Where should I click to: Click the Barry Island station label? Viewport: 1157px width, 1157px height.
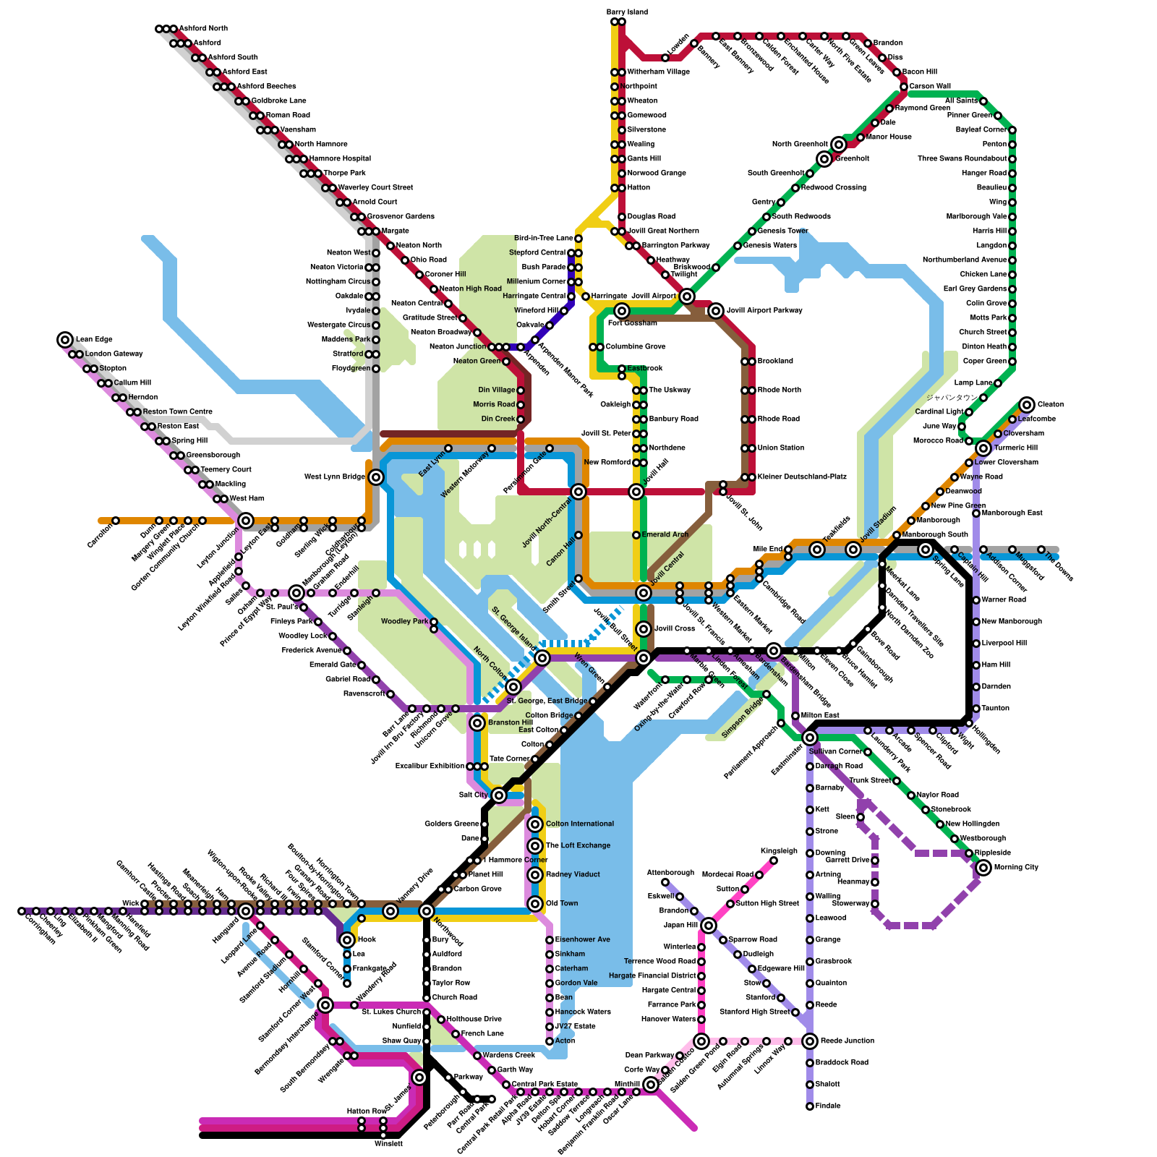click(627, 12)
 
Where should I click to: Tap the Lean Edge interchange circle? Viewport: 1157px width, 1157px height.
click(65, 339)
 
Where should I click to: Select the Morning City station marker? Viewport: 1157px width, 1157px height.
click(983, 867)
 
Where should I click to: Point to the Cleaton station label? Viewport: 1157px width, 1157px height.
click(1050, 404)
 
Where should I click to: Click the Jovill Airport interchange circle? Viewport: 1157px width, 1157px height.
click(687, 296)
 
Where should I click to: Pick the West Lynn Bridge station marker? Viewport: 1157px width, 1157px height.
click(376, 477)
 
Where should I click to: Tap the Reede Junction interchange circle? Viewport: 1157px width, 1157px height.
click(810, 1041)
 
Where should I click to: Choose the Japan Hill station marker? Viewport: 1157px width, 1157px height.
click(709, 926)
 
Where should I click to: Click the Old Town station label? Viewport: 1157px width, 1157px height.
click(562, 903)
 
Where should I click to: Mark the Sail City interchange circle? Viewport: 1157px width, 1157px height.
click(499, 795)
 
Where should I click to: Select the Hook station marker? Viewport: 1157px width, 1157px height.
click(347, 939)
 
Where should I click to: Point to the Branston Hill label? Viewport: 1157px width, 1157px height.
click(510, 722)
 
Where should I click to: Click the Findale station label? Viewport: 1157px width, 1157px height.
click(828, 1106)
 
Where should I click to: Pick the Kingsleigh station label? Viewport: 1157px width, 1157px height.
click(779, 851)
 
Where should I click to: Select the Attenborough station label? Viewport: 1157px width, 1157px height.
click(670, 873)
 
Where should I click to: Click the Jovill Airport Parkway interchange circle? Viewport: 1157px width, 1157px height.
click(716, 311)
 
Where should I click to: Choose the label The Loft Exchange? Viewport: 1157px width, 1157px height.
click(578, 845)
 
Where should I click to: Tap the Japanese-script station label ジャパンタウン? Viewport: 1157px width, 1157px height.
click(952, 398)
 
